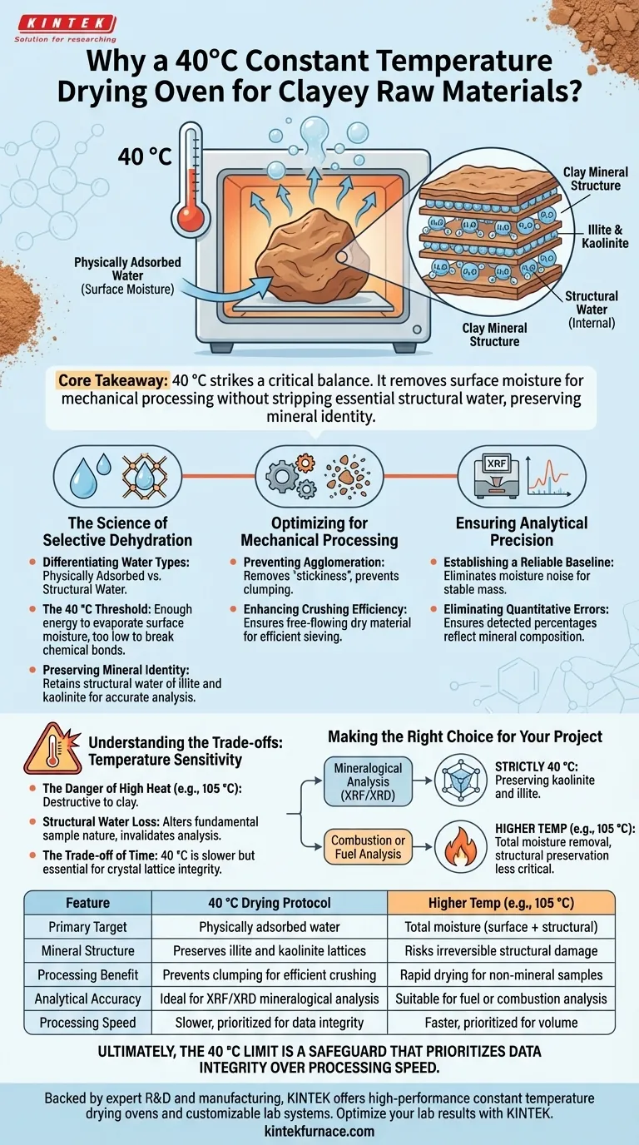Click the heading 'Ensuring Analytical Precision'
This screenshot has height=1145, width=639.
pos(522,531)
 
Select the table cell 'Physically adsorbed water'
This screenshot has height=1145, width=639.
pos(270,926)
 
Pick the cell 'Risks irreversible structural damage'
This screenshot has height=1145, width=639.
pos(502,949)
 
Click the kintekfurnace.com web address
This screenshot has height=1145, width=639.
pos(319,1131)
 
